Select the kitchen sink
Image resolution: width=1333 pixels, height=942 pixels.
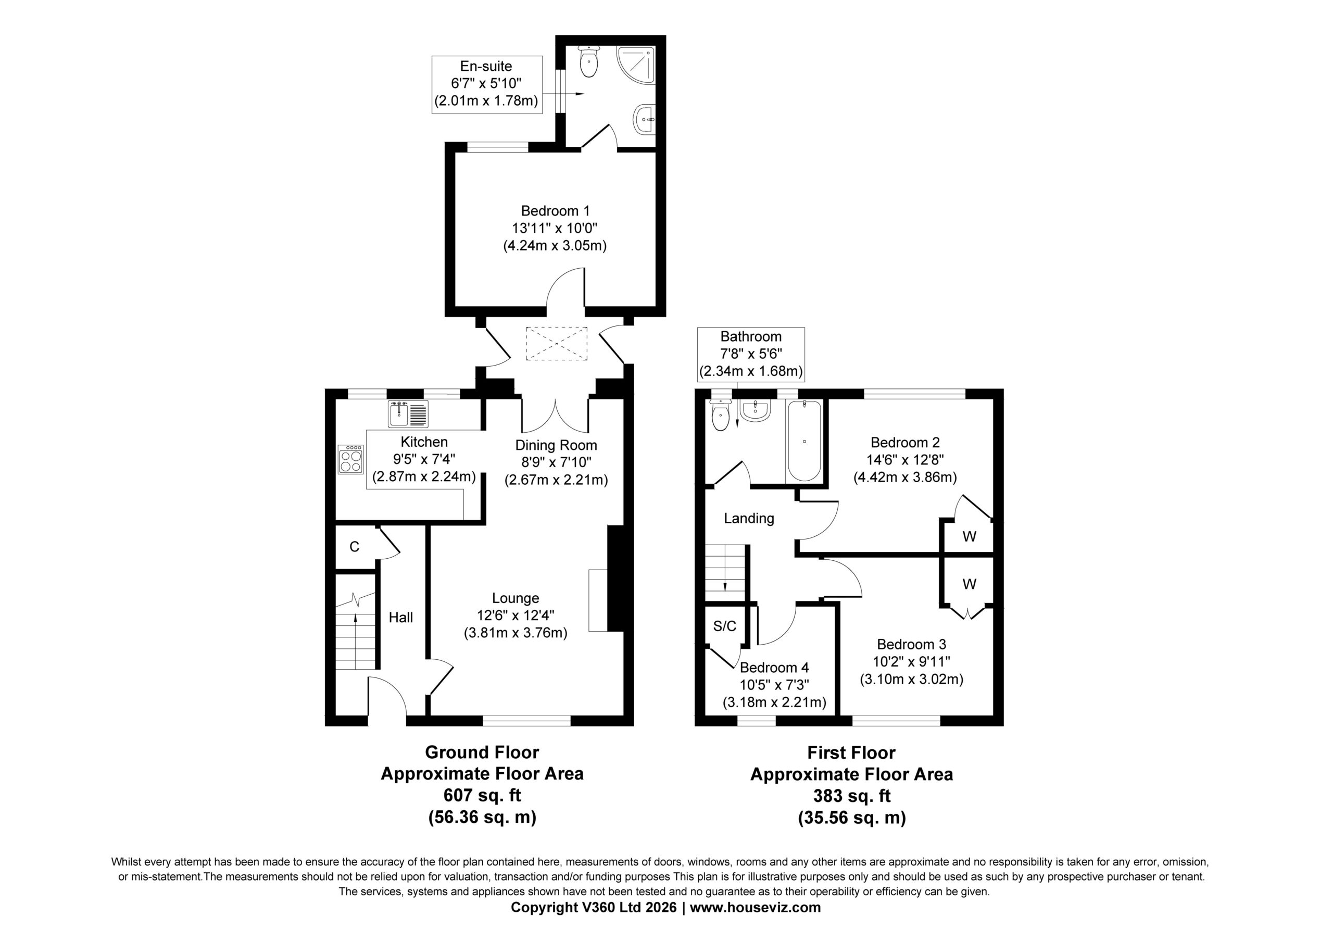pyautogui.click(x=408, y=414)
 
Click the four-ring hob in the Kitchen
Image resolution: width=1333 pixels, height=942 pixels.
pyautogui.click(x=350, y=459)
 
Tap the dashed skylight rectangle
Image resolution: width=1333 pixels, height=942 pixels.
pyautogui.click(x=556, y=344)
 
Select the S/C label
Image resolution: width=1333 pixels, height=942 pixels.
pyautogui.click(x=724, y=626)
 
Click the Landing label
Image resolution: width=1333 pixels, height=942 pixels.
pyautogui.click(x=749, y=518)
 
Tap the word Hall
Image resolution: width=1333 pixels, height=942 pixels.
pyautogui.click(x=400, y=618)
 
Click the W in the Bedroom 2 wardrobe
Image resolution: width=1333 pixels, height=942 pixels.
pyautogui.click(x=970, y=537)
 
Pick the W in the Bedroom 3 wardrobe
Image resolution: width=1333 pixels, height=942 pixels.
pyautogui.click(x=970, y=584)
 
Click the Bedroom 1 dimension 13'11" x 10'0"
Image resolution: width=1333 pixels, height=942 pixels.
pyautogui.click(x=555, y=228)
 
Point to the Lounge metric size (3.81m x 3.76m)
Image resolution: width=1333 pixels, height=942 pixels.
pyautogui.click(x=515, y=633)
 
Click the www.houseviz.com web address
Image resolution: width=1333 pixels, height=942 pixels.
pyautogui.click(x=756, y=907)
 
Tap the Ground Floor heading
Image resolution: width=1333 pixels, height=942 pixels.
pyautogui.click(x=482, y=752)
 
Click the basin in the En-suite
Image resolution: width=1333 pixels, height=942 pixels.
pyautogui.click(x=645, y=119)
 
